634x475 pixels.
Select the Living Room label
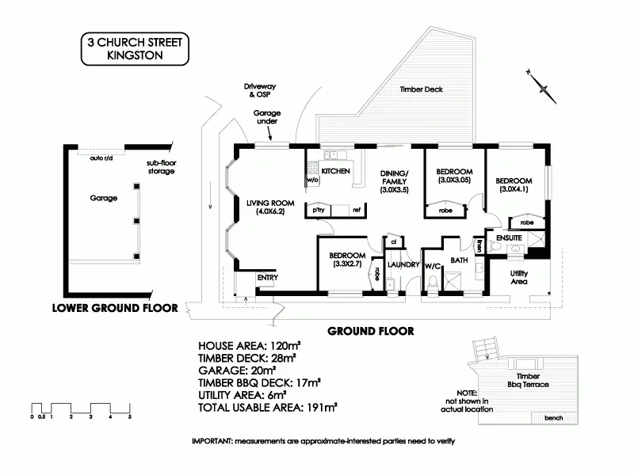(265, 207)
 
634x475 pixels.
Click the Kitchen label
(335, 171)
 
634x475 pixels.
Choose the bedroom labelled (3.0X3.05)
(454, 176)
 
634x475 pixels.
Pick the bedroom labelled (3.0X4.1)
(515, 184)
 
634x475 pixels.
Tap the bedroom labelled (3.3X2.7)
(347, 260)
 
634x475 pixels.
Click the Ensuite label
(510, 237)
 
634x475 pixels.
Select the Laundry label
(403, 265)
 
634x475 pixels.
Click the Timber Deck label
(422, 89)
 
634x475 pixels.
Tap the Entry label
(269, 277)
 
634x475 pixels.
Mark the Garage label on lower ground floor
(104, 199)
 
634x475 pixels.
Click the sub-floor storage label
(161, 167)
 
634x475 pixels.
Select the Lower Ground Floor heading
(114, 308)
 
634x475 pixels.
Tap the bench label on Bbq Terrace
(553, 418)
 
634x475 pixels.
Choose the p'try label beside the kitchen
(320, 210)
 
